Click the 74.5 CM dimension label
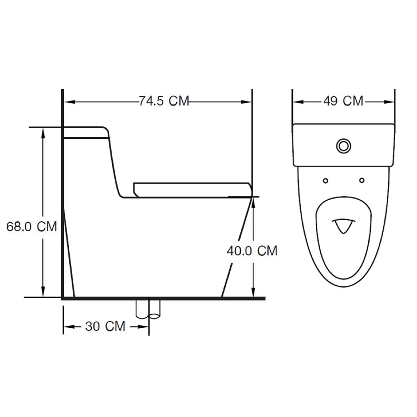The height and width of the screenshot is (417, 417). point(164,101)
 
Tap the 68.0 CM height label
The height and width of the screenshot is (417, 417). point(32,226)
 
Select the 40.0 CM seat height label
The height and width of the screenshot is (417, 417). point(252,251)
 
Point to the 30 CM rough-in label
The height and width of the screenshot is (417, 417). point(106,327)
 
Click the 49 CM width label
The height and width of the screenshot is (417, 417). point(343,101)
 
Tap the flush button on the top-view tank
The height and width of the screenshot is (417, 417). point(343,146)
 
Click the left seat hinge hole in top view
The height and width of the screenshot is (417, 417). point(325,181)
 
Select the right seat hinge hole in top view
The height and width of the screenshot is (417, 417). point(362,180)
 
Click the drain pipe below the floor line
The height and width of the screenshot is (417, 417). point(148,309)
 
